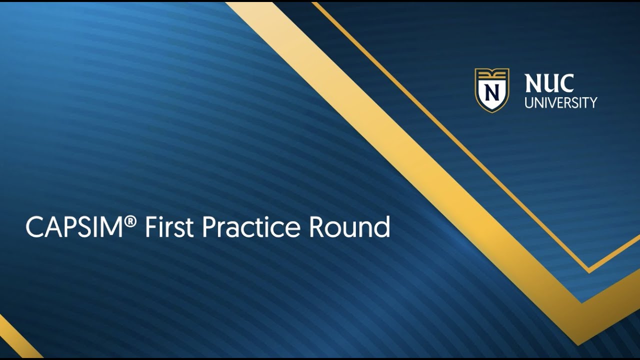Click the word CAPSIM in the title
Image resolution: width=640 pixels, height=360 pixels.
(74, 227)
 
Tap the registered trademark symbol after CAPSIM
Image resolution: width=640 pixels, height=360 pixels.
(131, 220)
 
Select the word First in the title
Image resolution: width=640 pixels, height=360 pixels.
(169, 227)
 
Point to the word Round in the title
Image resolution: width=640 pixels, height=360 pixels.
(349, 227)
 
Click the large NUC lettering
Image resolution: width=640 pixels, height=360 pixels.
(549, 84)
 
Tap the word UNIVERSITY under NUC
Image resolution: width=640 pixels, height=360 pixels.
(560, 103)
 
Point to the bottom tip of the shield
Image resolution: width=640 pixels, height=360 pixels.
(492, 111)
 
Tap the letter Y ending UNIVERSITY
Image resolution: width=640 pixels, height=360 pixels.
(593, 103)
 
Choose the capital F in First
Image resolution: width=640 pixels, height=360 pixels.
(150, 227)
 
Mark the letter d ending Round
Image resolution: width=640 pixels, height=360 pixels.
(382, 227)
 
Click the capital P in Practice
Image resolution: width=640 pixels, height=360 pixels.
(209, 227)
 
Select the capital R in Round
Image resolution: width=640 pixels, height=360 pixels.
(317, 227)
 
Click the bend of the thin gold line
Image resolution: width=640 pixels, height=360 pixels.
(589, 270)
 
